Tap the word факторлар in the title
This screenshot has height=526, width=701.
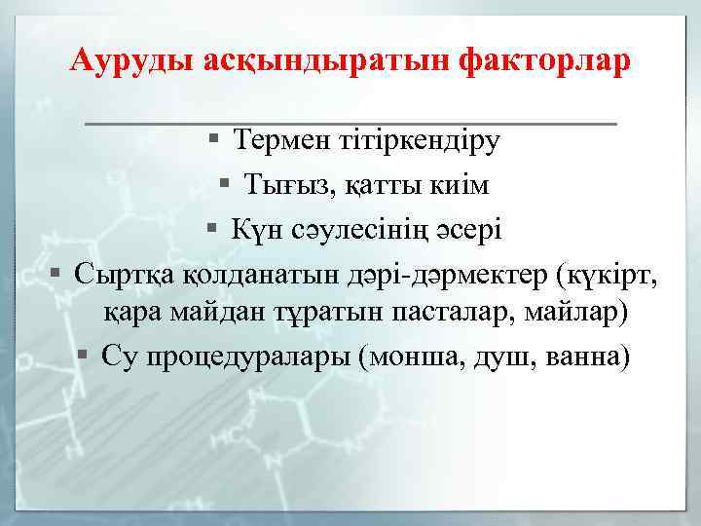(535, 60)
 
